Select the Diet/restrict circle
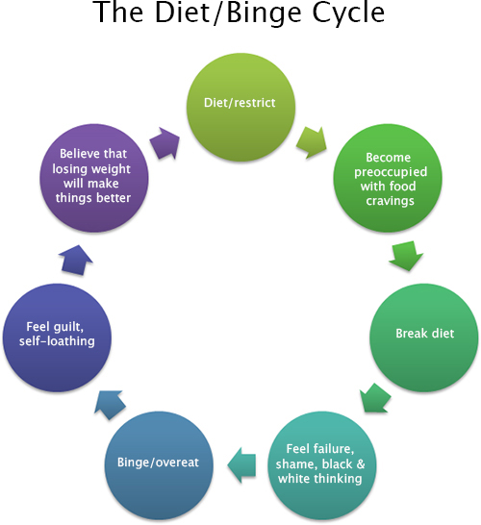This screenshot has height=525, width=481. pyautogui.click(x=240, y=107)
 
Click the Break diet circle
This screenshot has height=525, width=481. pyautogui.click(x=423, y=337)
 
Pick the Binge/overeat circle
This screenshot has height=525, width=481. pyautogui.click(x=159, y=465)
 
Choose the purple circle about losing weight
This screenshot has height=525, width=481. pyautogui.click(x=94, y=178)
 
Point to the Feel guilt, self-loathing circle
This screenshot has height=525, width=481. pyautogui.click(x=57, y=337)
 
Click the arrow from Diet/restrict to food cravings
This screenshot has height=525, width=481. pyautogui.click(x=312, y=142)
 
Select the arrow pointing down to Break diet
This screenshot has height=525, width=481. pyautogui.click(x=406, y=256)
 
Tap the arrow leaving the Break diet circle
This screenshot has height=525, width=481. pyautogui.click(x=375, y=398)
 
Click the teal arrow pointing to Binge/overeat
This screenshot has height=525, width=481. pyautogui.click(x=241, y=465)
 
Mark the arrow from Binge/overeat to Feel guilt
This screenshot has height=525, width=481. pyautogui.click(x=110, y=405)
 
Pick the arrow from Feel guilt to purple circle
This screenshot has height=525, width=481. pyautogui.click(x=76, y=261)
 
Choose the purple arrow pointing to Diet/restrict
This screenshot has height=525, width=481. pyautogui.click(x=165, y=143)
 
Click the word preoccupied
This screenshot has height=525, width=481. pyautogui.click(x=391, y=172)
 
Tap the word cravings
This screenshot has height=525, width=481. pyautogui.click(x=390, y=201)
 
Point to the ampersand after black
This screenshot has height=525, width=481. pyautogui.click(x=361, y=463)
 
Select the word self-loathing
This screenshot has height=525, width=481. pyautogui.click(x=57, y=341)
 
